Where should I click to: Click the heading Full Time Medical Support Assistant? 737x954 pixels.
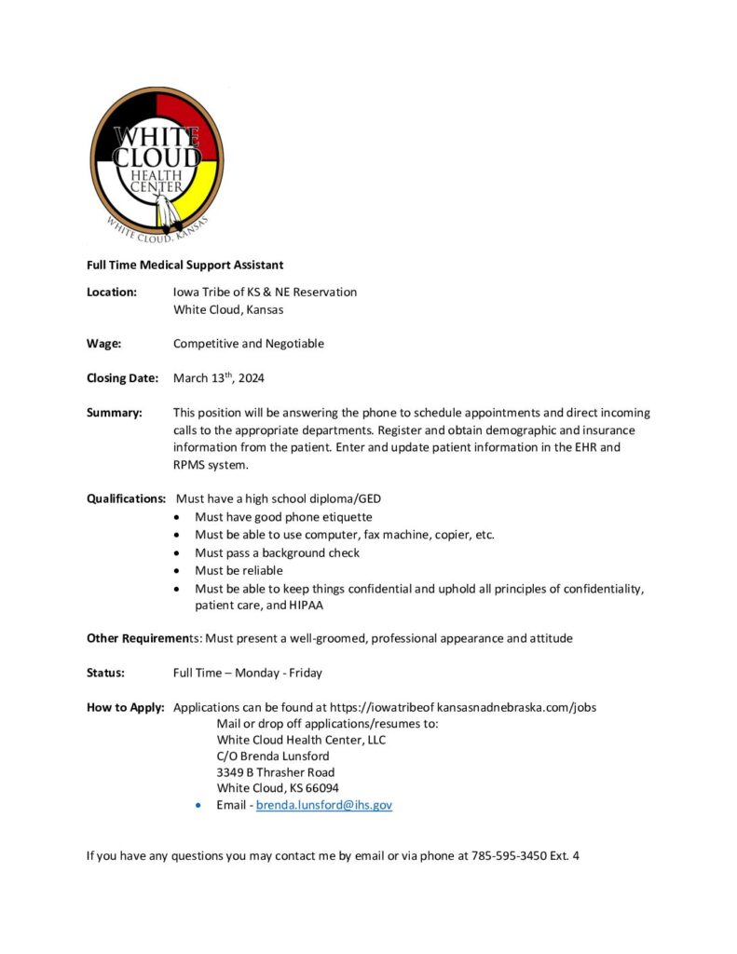coord(184,266)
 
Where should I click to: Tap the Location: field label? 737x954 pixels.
coord(112,292)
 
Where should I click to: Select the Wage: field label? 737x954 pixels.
coord(103,344)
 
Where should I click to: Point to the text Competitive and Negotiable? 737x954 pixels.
coord(249,344)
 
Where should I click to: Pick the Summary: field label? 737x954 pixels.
coord(114,413)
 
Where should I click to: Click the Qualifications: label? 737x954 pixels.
coord(126,498)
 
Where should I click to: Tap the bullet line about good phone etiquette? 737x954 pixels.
coord(283,516)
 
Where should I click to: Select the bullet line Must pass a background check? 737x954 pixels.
coord(277,552)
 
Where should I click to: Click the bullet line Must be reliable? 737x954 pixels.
coord(239,570)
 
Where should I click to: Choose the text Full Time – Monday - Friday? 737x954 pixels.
coord(248,673)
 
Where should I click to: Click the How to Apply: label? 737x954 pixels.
coord(125,707)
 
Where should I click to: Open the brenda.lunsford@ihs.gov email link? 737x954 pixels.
coord(324,805)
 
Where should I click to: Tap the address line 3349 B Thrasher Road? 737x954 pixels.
coord(276,772)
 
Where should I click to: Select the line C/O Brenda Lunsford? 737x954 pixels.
coord(272,756)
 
